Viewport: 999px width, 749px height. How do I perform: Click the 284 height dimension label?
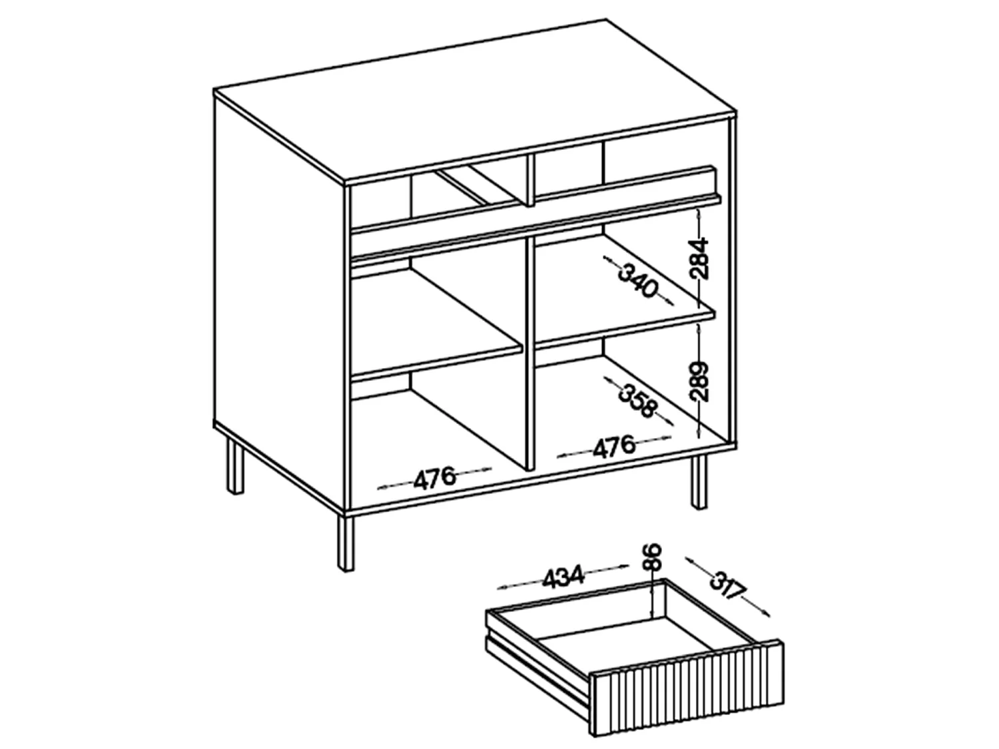coord(699,258)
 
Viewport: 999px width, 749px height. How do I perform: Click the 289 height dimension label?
coord(699,381)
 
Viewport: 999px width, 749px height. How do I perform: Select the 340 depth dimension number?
coord(638,280)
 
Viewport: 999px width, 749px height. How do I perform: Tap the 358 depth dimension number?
coord(637,401)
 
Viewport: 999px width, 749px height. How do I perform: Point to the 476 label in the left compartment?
coord(434,478)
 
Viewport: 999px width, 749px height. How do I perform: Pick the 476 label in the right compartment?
coord(613,446)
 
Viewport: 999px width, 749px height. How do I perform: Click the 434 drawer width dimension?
coord(563,577)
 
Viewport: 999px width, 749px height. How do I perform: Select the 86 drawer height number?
coord(651,557)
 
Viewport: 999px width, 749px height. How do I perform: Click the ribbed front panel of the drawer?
coord(687,681)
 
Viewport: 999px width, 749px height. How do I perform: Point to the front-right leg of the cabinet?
coord(699,482)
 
